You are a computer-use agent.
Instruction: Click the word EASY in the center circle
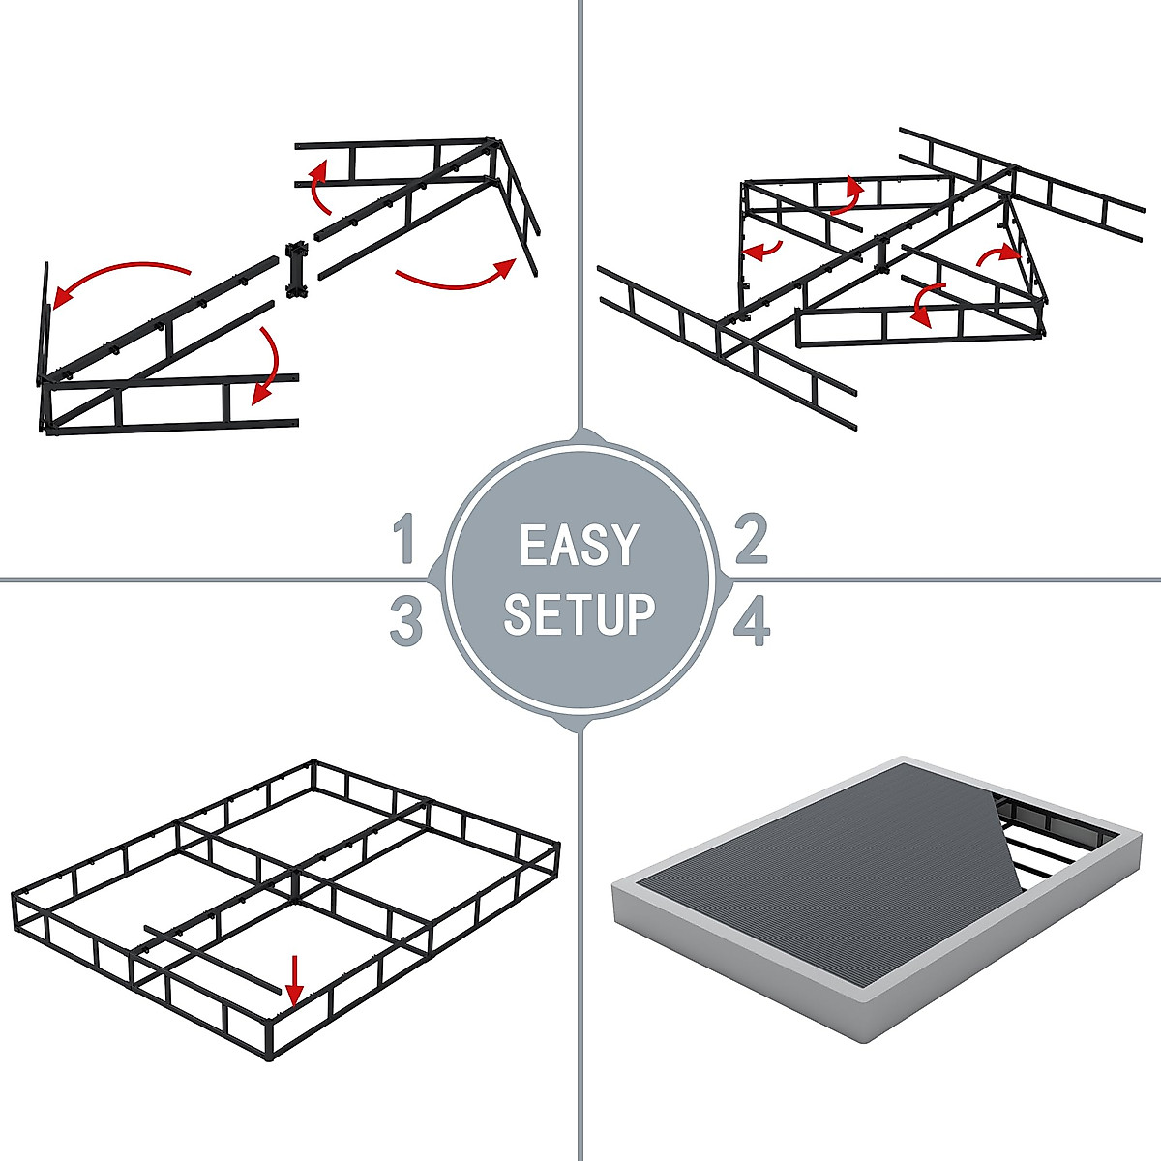(580, 546)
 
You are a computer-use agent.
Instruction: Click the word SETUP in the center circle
(580, 614)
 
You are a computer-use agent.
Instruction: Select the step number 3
(406, 621)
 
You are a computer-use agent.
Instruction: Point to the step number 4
(752, 622)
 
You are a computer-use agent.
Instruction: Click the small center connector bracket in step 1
(296, 271)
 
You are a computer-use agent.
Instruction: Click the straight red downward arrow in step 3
(295, 990)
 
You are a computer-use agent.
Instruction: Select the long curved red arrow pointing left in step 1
(116, 276)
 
